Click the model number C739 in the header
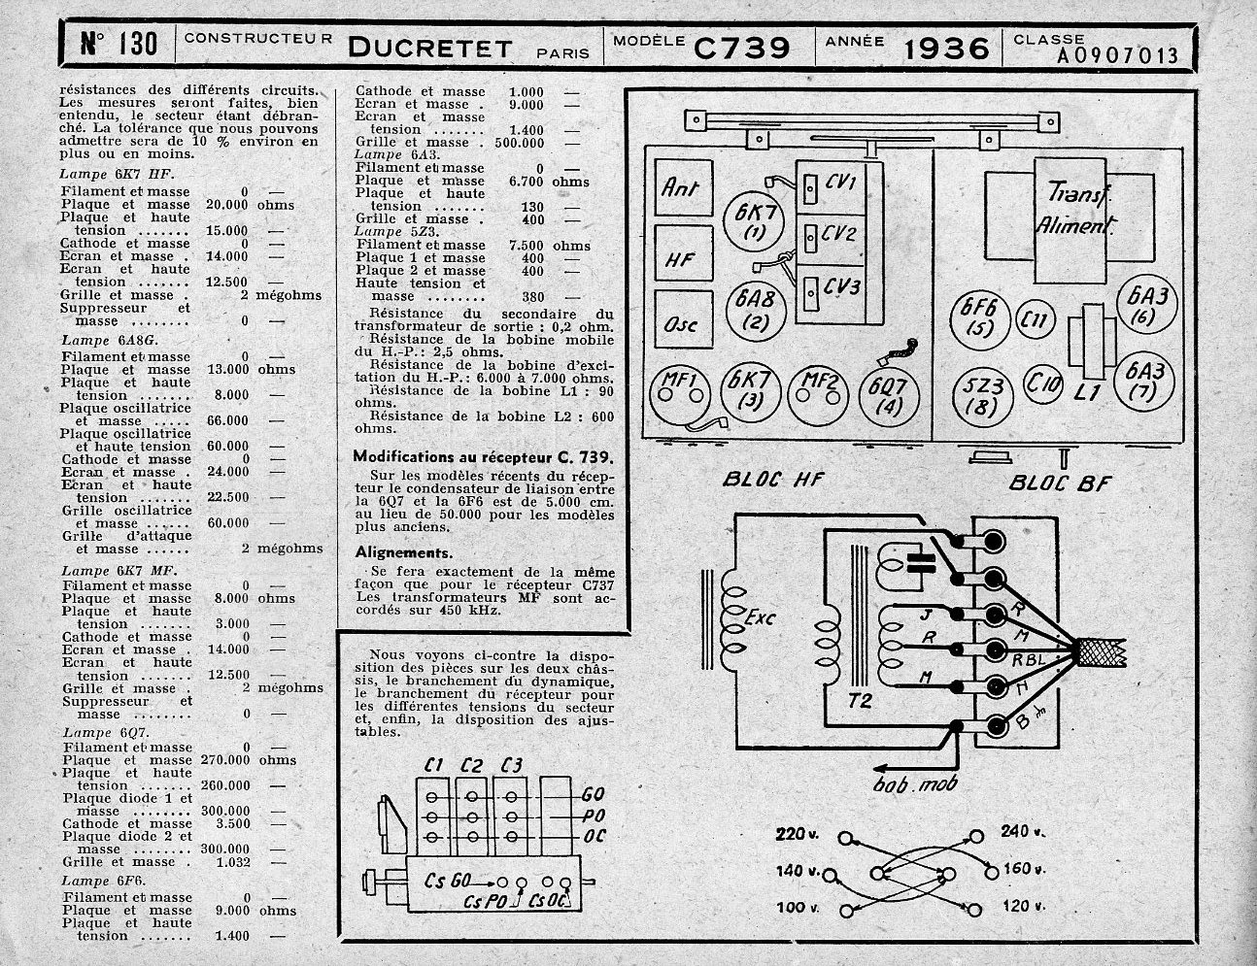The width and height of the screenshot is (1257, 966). click(741, 47)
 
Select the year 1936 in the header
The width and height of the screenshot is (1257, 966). click(946, 47)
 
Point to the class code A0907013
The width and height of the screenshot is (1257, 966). click(1118, 55)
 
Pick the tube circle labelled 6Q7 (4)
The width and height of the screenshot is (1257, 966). click(886, 395)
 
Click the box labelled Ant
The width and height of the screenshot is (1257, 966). click(682, 187)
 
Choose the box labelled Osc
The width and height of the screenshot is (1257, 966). click(681, 324)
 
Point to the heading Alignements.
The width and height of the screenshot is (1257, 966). click(395, 552)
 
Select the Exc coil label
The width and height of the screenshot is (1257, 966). click(760, 616)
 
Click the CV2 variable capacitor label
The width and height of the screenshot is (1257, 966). click(838, 234)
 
